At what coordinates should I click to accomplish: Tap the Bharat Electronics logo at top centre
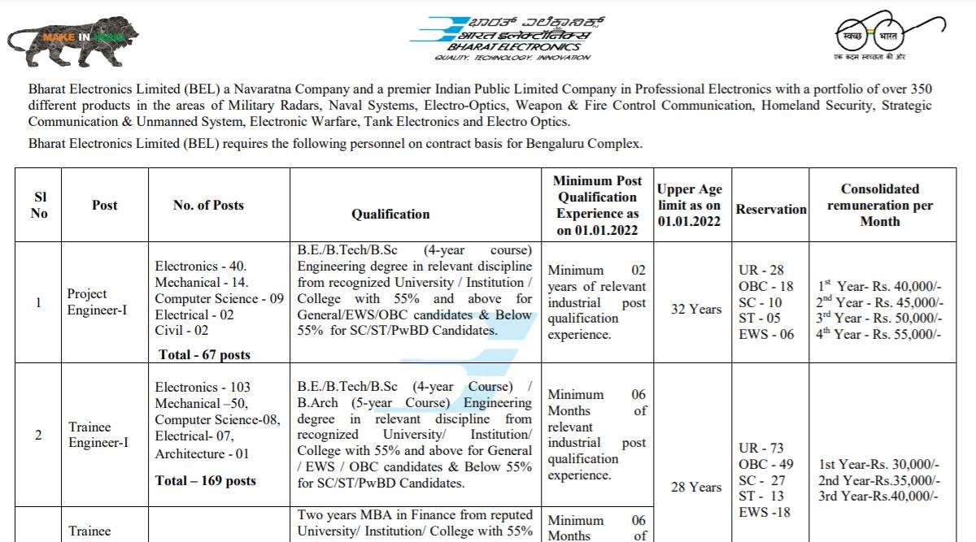pyautogui.click(x=500, y=37)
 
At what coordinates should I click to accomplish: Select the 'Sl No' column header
pyautogui.click(x=39, y=205)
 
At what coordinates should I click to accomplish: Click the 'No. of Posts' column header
pyautogui.click(x=208, y=206)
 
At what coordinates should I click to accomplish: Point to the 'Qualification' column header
pyautogui.click(x=390, y=214)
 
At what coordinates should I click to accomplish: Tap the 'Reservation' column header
pyautogui.click(x=771, y=209)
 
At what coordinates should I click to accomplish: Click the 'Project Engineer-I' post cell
pyautogui.click(x=97, y=301)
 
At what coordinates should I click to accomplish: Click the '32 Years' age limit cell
pyautogui.click(x=695, y=309)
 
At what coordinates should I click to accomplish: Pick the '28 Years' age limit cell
pyautogui.click(x=695, y=487)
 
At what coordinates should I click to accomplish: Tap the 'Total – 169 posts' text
pyautogui.click(x=205, y=481)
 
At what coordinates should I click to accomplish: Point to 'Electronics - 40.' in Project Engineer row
pyautogui.click(x=201, y=266)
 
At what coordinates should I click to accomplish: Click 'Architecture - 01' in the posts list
pyautogui.click(x=202, y=453)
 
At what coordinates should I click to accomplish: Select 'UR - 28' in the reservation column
pyautogui.click(x=760, y=270)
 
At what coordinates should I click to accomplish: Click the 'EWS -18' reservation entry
pyautogui.click(x=764, y=512)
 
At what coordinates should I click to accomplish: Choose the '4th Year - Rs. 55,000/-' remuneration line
pyautogui.click(x=879, y=334)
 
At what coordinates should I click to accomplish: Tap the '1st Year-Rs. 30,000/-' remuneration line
pyautogui.click(x=879, y=465)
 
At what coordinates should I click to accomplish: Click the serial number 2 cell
pyautogui.click(x=38, y=435)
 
